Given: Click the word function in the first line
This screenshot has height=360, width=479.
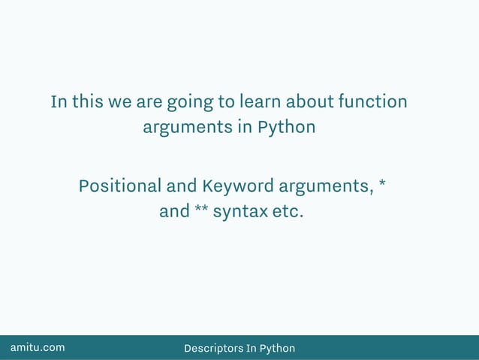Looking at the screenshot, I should tap(372, 101).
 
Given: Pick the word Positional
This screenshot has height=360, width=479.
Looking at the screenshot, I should tap(120, 186).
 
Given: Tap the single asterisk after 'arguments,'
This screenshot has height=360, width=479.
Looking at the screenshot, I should tap(383, 183).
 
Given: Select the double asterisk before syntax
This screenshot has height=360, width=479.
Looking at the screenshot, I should tap(201, 209).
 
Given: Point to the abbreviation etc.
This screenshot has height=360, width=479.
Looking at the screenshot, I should tap(288, 212).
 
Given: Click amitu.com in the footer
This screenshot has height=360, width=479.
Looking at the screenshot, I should tap(37, 347).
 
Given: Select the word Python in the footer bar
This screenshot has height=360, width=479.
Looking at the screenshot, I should tap(277, 348).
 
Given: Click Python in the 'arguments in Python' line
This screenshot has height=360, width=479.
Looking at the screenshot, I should tap(286, 127).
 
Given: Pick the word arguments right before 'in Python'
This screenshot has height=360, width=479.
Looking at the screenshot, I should tap(188, 128).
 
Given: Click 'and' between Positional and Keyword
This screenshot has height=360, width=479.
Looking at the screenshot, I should tap(182, 186).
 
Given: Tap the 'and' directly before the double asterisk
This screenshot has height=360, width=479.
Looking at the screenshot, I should tap(174, 212).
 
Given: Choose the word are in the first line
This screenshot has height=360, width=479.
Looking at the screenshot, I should tap(149, 101).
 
